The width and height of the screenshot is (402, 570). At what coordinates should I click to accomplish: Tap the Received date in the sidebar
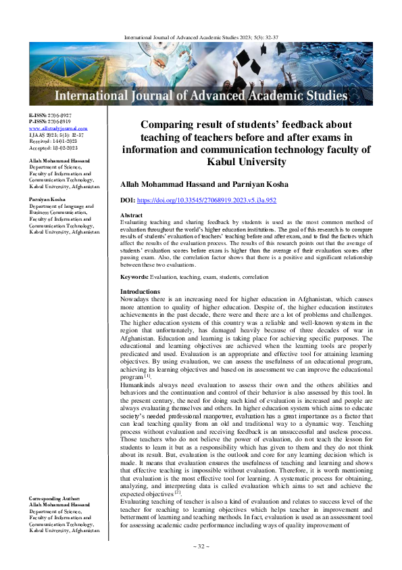point(53,139)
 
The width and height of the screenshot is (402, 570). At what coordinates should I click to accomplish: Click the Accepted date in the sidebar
point(53,146)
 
